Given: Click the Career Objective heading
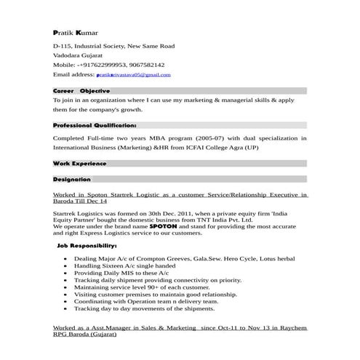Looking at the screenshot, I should click(81, 90).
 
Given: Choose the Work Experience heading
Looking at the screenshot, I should click(80, 164).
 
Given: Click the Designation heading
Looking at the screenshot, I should click(72, 179).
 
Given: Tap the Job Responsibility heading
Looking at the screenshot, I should click(96, 247).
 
